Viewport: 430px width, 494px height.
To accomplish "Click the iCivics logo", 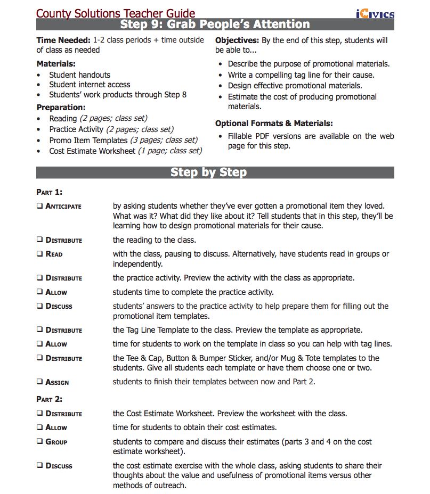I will (x=375, y=13).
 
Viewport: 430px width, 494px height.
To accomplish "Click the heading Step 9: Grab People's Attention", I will (x=215, y=24).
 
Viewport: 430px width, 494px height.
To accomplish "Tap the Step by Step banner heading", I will (x=208, y=172).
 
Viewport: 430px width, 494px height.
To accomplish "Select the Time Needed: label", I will (x=63, y=40).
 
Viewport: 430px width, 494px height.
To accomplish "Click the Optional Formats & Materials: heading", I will (x=274, y=123).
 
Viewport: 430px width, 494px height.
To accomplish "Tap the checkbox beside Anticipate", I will (x=40, y=206).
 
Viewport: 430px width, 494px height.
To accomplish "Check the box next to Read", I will (x=40, y=254).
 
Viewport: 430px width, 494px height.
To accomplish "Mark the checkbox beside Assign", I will (x=40, y=382).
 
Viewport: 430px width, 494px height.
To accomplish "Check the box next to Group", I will (x=40, y=441).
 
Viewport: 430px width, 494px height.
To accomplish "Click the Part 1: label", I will (x=49, y=192).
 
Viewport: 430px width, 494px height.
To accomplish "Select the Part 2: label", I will (x=49, y=399).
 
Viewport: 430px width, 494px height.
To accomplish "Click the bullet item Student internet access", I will (x=90, y=85).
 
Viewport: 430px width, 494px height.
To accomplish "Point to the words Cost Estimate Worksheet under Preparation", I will (x=92, y=151).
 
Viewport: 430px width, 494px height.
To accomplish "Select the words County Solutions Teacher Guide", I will (x=116, y=14).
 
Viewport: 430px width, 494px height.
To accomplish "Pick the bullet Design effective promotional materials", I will (x=295, y=86).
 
